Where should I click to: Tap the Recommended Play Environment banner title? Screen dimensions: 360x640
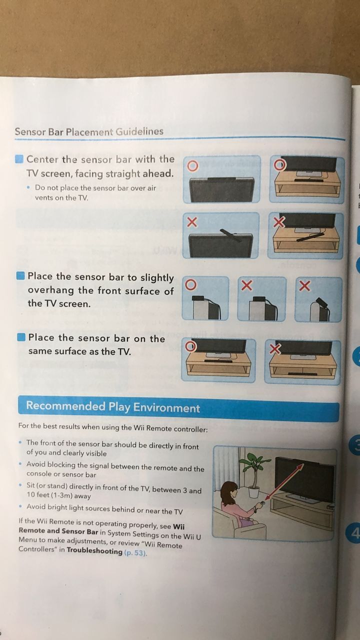coord(113,407)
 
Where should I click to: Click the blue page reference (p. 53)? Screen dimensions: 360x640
coord(135,552)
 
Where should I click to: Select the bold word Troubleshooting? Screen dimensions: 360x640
coord(94,551)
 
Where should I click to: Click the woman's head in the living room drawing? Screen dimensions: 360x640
coord(229,491)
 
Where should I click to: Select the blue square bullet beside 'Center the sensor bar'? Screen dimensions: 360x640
coord(19,159)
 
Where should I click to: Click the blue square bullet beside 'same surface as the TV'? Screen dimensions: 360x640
coord(21,337)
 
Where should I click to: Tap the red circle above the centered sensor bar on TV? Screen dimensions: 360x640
coord(192,165)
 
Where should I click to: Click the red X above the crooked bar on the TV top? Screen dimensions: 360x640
coord(192,221)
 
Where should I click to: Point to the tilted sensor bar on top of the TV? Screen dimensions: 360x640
coord(230,235)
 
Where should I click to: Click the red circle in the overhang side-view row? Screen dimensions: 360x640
coord(191,284)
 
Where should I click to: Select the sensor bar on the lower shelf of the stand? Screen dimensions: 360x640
coord(302,373)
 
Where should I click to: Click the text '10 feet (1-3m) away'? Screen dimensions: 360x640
coord(58,495)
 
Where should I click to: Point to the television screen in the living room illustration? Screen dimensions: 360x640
coord(304,479)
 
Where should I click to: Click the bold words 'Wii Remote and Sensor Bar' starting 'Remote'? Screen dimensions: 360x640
coord(58,531)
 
